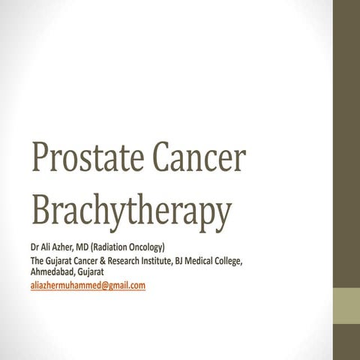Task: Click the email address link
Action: coord(87,286)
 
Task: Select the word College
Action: coord(250,261)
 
